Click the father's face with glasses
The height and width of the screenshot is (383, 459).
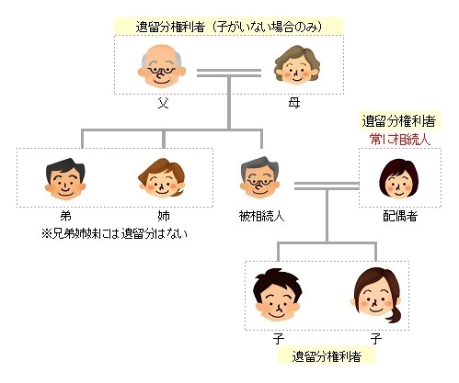[162, 66]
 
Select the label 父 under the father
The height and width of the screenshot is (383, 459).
[163, 103]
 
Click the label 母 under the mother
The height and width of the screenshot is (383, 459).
[294, 103]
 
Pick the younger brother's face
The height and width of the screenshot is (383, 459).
[65, 179]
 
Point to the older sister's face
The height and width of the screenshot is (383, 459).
[162, 177]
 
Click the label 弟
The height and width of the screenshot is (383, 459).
[65, 216]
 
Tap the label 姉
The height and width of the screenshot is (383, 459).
[164, 216]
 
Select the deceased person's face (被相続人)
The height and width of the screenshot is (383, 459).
[259, 177]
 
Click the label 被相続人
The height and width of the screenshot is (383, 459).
[261, 216]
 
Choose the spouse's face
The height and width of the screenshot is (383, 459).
[398, 179]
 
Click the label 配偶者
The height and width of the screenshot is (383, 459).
[400, 216]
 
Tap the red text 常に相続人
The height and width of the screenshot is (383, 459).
[400, 140]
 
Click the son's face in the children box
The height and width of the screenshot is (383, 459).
[278, 295]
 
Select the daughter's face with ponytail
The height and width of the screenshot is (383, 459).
[376, 296]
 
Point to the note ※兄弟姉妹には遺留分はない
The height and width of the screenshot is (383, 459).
[114, 234]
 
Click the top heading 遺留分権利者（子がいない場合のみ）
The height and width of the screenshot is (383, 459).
[229, 27]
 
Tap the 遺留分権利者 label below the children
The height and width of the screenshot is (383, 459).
[327, 356]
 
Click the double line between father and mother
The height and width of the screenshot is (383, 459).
[229, 73]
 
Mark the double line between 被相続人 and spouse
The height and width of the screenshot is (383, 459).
[327, 186]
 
